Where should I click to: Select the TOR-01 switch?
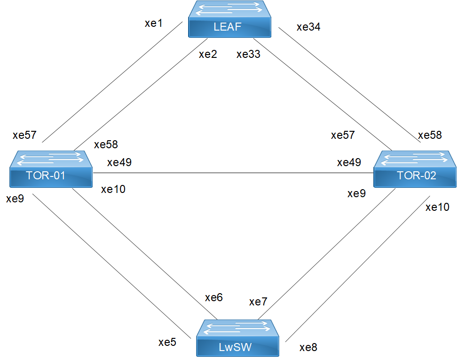coord(51,169)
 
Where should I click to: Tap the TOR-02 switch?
coord(415,169)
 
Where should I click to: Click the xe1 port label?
coord(153,24)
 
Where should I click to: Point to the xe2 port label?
coord(208,54)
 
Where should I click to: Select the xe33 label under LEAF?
coord(248,54)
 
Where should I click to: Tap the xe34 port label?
coord(308,27)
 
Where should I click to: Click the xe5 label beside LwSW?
coord(167,342)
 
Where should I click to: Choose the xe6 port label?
coord(213,297)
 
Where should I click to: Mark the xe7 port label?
coord(258,302)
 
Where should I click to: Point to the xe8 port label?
coord(308,348)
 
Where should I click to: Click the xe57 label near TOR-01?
coord(24,136)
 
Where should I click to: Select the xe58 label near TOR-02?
coord(430,135)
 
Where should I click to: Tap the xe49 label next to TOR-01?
coord(119,163)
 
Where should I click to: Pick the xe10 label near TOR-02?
coord(437,207)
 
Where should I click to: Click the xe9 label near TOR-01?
coord(16,199)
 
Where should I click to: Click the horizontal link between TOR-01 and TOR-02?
coord(233,173)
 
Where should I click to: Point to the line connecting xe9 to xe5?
coord(111,265)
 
